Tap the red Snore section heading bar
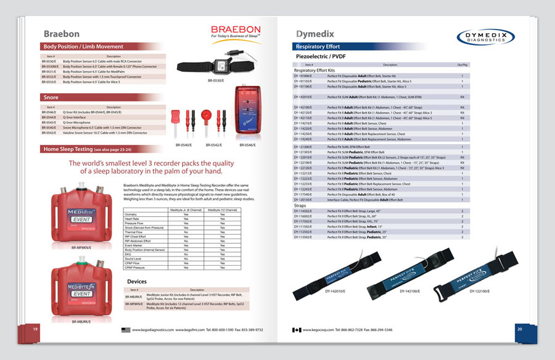click(x=51, y=97)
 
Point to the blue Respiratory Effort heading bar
click(x=318, y=47)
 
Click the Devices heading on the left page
click(x=136, y=282)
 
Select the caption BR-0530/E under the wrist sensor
click(x=216, y=81)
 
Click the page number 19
click(x=36, y=329)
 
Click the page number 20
click(x=519, y=329)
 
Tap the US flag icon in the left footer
click(x=126, y=330)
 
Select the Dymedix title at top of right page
click(x=315, y=34)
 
